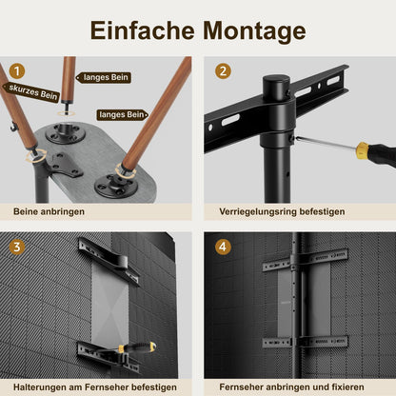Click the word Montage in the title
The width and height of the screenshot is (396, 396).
click(x=253, y=30)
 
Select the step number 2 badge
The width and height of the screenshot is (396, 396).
click(x=222, y=70)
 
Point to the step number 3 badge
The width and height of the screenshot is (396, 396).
click(x=17, y=246)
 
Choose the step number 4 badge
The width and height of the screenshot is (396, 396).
click(x=222, y=246)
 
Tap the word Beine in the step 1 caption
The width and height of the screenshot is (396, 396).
click(x=29, y=211)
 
